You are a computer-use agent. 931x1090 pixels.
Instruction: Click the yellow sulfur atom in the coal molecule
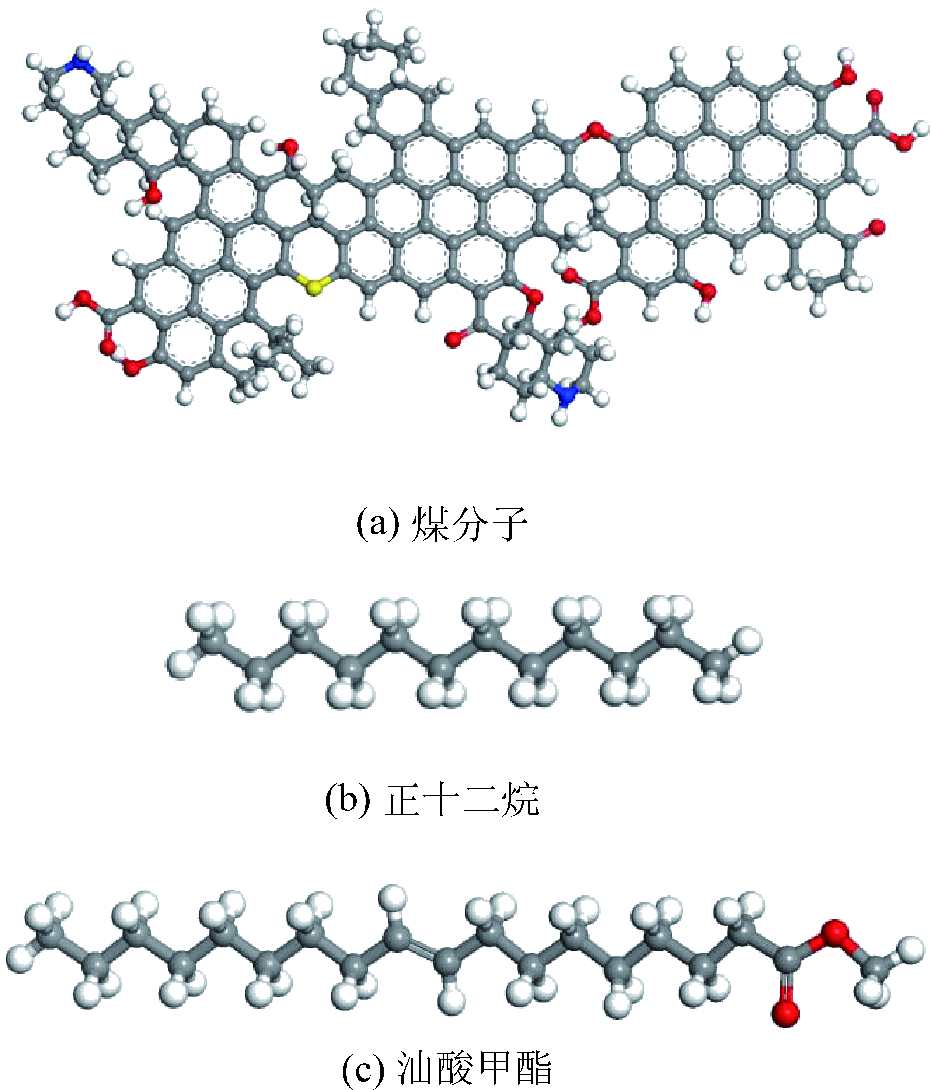tap(314, 287)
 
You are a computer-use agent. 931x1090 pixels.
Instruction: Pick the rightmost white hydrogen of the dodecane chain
tap(748, 639)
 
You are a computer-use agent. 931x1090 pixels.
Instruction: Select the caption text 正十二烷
tap(462, 800)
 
